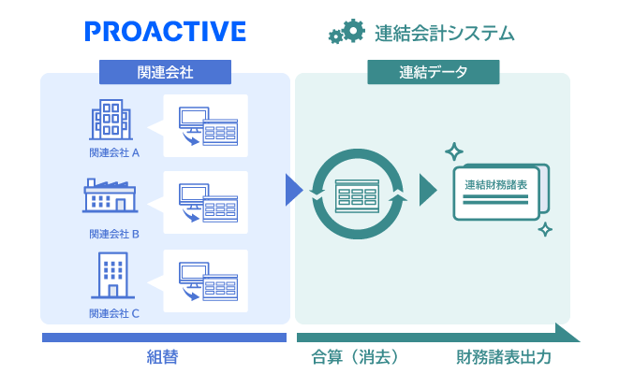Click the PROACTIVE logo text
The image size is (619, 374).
point(165,32)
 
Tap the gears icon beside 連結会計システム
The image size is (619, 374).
point(346,33)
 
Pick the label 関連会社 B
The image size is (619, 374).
point(114,234)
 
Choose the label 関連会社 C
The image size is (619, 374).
point(114,313)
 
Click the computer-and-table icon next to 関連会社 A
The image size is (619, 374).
point(207,124)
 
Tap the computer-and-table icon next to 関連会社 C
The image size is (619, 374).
point(207,280)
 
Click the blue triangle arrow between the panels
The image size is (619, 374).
point(294,189)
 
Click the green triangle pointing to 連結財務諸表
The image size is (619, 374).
point(428,189)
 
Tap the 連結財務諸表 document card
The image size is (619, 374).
point(499,193)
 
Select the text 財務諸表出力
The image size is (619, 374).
point(504,356)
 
